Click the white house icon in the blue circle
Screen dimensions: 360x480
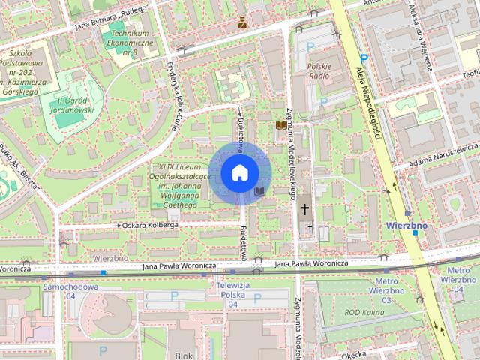[238, 173]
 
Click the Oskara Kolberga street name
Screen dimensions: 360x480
[151, 224]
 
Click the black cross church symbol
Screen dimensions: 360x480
[305, 210]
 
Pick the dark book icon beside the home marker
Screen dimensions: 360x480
[259, 193]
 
